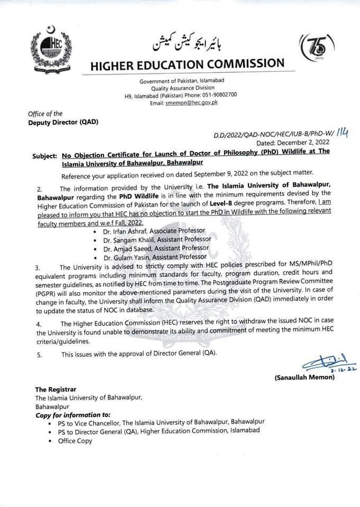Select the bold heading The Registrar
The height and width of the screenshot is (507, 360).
56,389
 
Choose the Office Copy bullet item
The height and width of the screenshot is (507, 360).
75,440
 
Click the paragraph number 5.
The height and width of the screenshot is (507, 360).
39,354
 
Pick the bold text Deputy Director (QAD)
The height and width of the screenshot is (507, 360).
63,123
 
